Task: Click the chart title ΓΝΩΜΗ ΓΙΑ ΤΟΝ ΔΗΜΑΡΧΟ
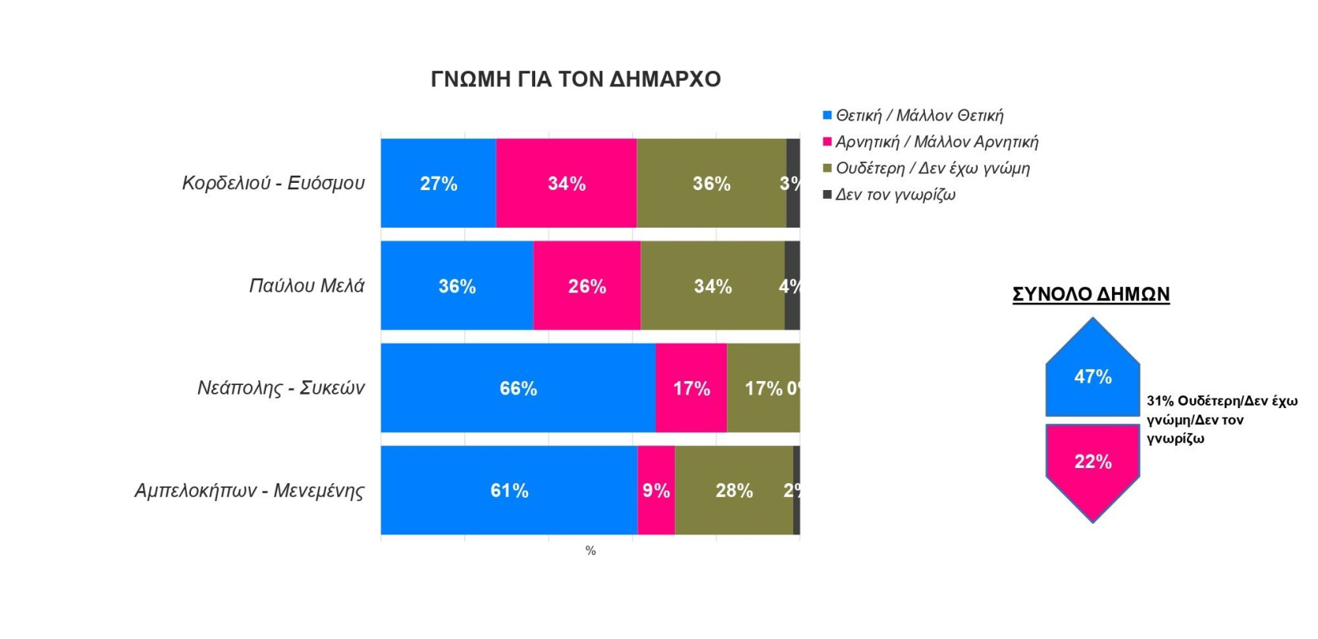click(x=575, y=79)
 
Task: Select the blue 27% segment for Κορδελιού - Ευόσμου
click(x=438, y=183)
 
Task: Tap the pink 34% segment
click(x=566, y=183)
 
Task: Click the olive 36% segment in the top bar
click(x=711, y=183)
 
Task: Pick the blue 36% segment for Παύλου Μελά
click(x=457, y=286)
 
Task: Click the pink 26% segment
click(x=587, y=286)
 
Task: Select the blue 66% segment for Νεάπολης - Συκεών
click(x=518, y=388)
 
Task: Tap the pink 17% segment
click(x=691, y=388)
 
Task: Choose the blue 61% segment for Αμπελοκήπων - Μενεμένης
click(x=509, y=490)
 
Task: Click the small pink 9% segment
click(x=656, y=490)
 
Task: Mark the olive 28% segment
click(x=733, y=490)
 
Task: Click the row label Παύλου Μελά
click(x=307, y=286)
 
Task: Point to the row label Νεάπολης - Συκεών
click(x=280, y=388)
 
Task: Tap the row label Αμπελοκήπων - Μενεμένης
click(x=249, y=490)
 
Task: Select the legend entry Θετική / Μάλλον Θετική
click(x=919, y=116)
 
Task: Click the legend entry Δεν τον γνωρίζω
click(x=895, y=195)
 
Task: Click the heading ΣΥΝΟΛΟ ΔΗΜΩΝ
click(x=1090, y=295)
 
